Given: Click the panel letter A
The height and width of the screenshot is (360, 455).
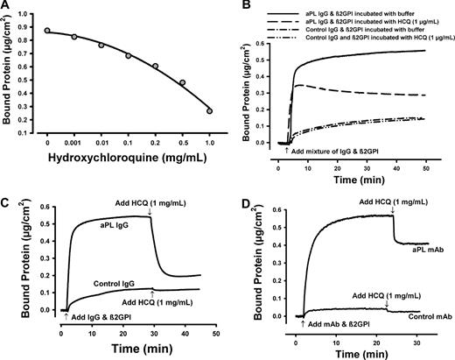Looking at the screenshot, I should pyautogui.click(x=6, y=7).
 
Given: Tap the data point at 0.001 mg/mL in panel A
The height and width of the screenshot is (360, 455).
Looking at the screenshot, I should pyautogui.click(x=74, y=37).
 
